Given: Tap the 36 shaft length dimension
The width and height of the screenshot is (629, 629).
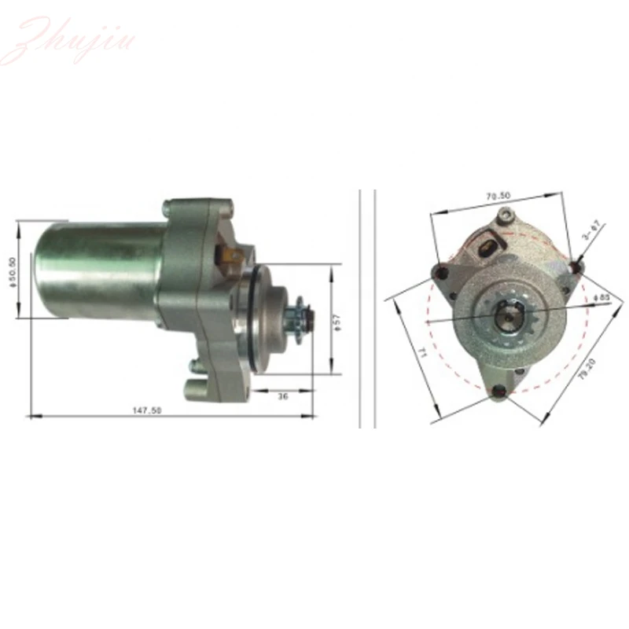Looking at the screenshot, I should (x=283, y=398).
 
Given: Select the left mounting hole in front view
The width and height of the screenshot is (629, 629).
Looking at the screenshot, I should (x=442, y=273).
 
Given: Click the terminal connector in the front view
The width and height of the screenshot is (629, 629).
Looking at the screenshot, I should (x=487, y=246).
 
